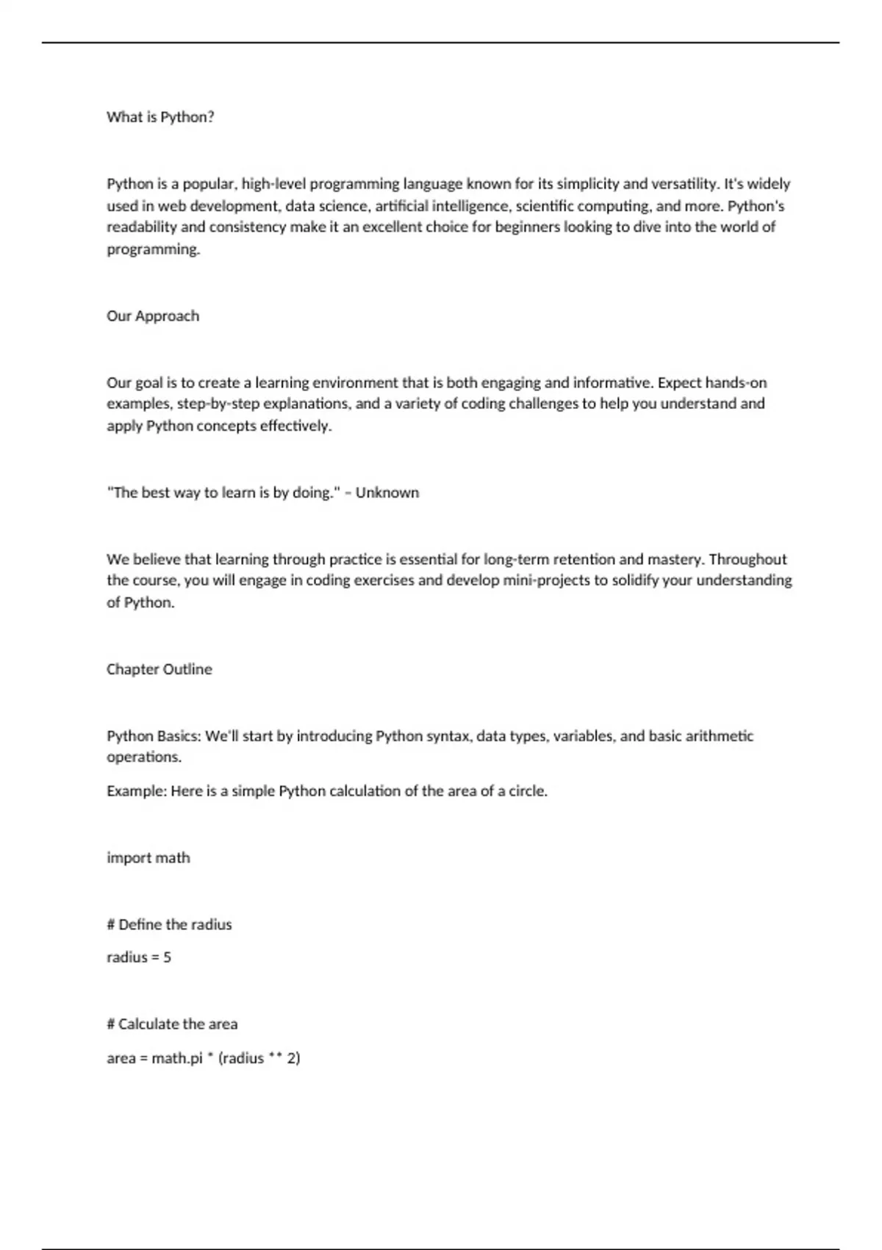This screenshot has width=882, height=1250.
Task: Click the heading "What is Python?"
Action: pos(160,117)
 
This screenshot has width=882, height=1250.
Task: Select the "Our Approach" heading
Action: pos(153,316)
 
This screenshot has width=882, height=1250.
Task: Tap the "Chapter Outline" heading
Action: pos(159,669)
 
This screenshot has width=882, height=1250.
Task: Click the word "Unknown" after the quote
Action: pos(387,493)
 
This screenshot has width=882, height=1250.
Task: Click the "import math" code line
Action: pos(148,858)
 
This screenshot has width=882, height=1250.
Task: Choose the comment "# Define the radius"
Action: pos(169,924)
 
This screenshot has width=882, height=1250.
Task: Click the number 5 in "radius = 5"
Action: pos(167,957)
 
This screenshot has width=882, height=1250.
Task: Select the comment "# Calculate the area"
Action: pos(172,1024)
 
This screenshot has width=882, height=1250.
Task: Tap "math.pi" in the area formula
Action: pos(176,1059)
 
